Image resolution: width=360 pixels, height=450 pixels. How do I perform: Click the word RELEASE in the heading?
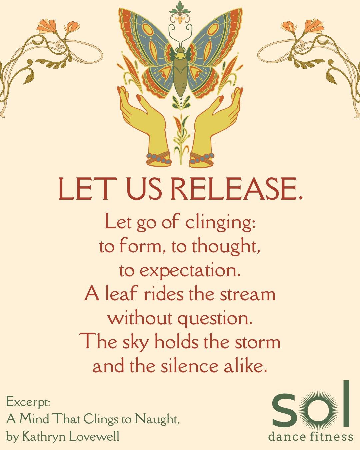coord(237,189)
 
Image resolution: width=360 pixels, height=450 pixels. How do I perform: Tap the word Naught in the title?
coord(157,419)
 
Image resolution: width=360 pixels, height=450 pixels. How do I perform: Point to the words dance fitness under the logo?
coord(310,436)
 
